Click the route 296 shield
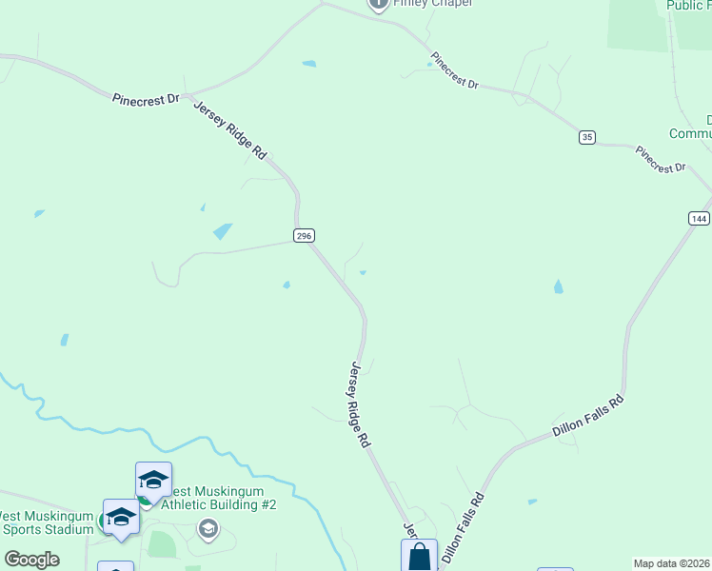pos(304,235)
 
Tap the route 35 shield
pos(586,138)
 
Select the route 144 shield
pos(698,218)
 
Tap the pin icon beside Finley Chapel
pos(378,5)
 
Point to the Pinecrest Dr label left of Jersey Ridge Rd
pos(146,98)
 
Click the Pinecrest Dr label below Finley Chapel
pos(454,71)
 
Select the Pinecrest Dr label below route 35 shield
pos(661,159)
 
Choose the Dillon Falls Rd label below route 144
pos(587,416)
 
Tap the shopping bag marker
pos(420,557)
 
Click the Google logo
pos(31,560)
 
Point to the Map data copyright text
pos(672,563)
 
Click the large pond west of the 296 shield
pos(222,230)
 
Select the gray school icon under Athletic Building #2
pos(208,527)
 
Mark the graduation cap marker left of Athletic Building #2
pos(152,479)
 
